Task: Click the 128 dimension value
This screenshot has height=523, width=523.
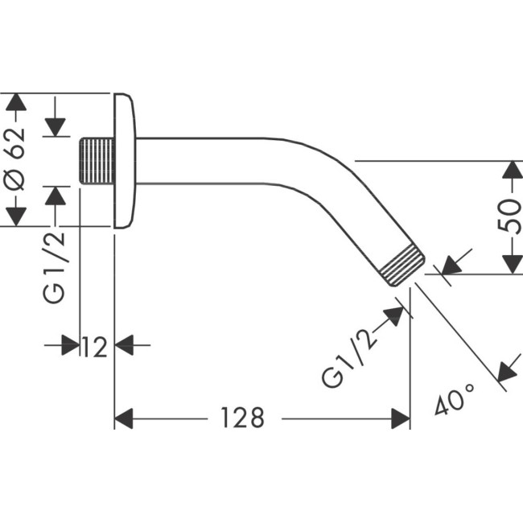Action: tap(242, 418)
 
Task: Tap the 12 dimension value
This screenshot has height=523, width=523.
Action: tap(95, 347)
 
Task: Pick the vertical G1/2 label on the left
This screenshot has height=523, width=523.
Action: tap(55, 265)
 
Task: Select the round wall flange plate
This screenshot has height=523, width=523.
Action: tap(124, 161)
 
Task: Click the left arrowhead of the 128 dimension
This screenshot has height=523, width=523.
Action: tap(123, 418)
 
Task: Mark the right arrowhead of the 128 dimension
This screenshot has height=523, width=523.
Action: tap(401, 418)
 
